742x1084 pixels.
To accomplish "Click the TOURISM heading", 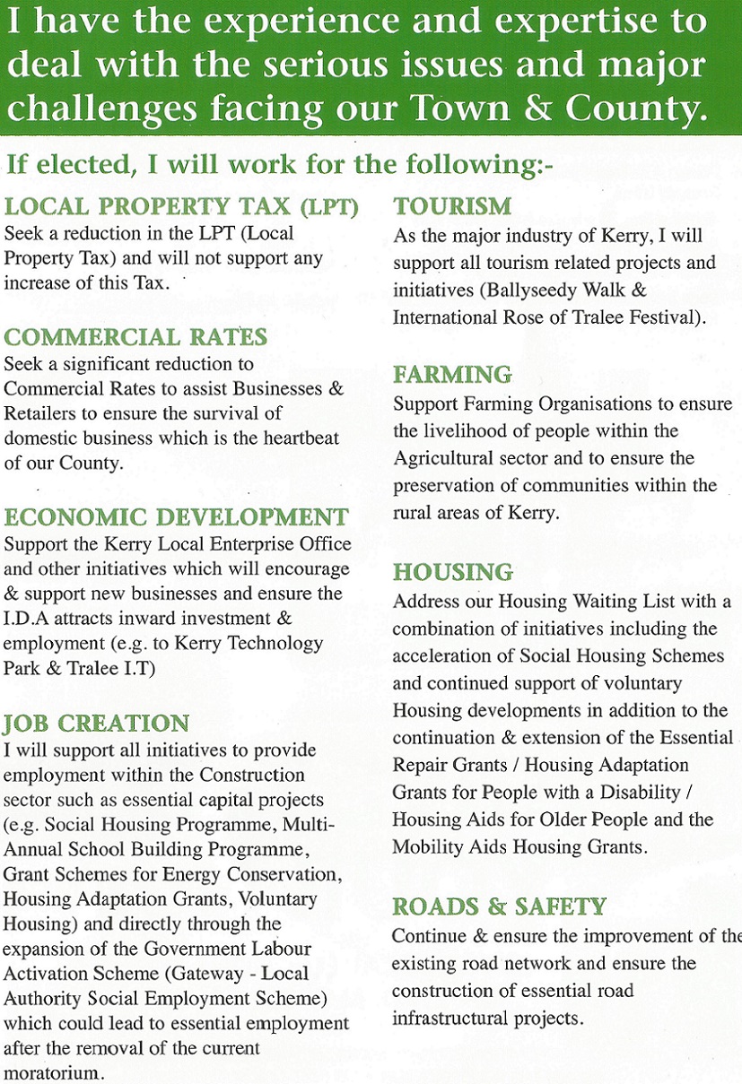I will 452,207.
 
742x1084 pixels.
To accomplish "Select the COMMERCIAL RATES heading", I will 135,337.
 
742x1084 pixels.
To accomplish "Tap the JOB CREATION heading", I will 97,724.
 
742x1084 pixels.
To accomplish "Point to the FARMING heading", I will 452,375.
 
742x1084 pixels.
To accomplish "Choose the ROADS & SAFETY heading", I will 499,906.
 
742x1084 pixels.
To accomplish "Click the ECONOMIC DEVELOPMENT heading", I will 176,517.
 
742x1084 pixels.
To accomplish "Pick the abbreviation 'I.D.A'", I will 26,620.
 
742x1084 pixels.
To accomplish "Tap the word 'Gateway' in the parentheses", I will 197,973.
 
